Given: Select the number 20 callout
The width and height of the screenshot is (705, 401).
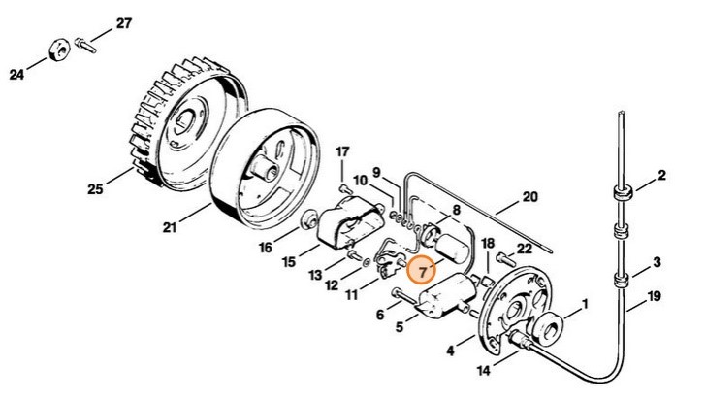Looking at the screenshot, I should click(x=529, y=196).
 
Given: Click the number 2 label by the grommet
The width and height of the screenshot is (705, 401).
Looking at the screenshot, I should click(x=661, y=176).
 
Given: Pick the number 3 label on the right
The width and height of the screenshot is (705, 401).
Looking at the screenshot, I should click(x=657, y=263).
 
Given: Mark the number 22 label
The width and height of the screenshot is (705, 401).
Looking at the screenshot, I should click(x=524, y=251).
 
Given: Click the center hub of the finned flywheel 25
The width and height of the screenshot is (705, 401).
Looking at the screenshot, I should click(x=183, y=123).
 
